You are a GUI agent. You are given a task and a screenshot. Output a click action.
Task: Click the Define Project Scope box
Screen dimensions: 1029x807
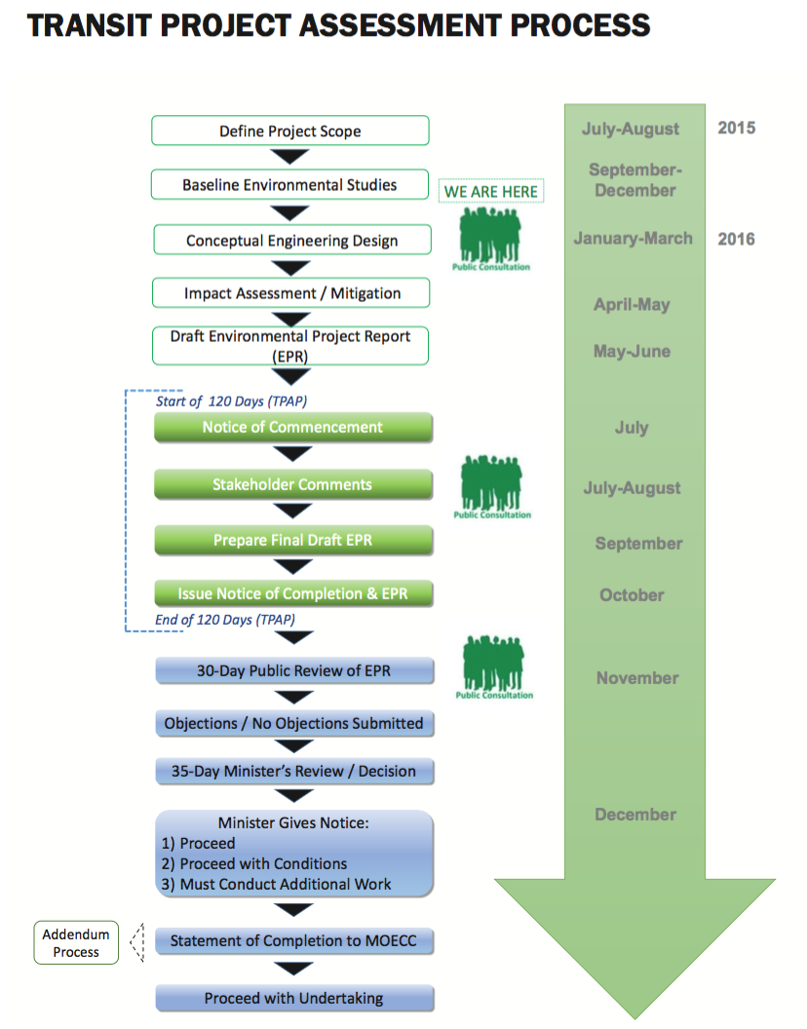pyautogui.click(x=290, y=132)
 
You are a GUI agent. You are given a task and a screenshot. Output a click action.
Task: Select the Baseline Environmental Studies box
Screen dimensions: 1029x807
pyautogui.click(x=289, y=185)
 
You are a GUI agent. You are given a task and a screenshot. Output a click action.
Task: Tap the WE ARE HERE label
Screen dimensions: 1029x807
pyautogui.click(x=491, y=192)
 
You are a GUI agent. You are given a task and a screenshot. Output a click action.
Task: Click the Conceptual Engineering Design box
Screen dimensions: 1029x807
pyautogui.click(x=291, y=241)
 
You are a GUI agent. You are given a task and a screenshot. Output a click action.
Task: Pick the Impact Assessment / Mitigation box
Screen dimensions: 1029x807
pyautogui.click(x=291, y=293)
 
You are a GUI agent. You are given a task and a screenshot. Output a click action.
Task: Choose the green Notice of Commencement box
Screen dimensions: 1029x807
pyautogui.click(x=292, y=428)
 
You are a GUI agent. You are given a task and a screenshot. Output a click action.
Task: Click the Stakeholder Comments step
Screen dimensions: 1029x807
pyautogui.click(x=292, y=484)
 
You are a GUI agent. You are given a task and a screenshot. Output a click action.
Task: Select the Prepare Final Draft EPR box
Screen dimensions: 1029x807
pyautogui.click(x=292, y=540)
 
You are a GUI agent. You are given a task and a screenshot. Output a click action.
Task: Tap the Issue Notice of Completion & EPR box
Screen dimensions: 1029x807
pyautogui.click(x=292, y=593)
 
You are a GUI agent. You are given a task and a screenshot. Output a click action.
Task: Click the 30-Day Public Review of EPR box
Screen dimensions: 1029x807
pyautogui.click(x=293, y=670)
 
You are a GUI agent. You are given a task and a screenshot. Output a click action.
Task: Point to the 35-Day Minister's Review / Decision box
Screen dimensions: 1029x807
pyautogui.click(x=293, y=771)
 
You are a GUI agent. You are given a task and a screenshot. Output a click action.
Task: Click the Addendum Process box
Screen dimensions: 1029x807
pyautogui.click(x=76, y=943)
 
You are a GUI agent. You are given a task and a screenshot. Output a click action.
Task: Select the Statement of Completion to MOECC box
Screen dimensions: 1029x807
pyautogui.click(x=293, y=941)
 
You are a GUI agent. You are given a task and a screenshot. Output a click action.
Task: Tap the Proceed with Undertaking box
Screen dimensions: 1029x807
pyautogui.click(x=293, y=998)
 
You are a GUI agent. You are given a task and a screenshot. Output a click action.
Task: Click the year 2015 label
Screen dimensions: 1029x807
pyautogui.click(x=737, y=128)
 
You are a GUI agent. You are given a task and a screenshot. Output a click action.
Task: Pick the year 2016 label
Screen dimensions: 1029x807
pyautogui.click(x=737, y=239)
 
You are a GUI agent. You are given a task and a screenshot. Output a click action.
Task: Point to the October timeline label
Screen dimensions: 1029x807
pyautogui.click(x=632, y=595)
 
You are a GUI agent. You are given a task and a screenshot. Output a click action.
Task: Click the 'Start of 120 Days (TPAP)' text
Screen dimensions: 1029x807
pyautogui.click(x=232, y=401)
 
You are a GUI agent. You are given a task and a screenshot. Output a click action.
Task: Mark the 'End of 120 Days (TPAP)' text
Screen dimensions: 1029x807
pyautogui.click(x=225, y=620)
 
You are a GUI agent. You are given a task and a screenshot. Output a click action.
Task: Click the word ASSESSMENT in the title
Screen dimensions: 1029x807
pyautogui.click(x=385, y=25)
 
